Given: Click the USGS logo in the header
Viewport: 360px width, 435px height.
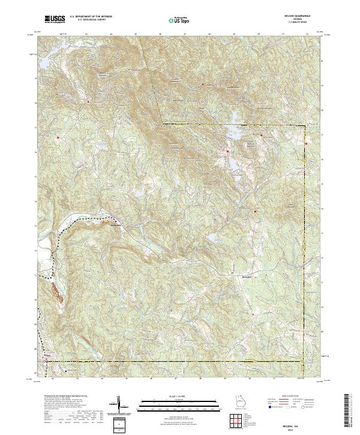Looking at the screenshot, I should pyautogui.click(x=55, y=19).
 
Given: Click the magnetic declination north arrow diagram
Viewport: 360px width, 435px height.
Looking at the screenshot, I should pyautogui.click(x=122, y=404).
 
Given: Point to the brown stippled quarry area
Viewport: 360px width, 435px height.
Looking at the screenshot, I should pyautogui.click(x=57, y=293).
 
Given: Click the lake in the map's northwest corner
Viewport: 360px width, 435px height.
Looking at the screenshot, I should pyautogui.click(x=44, y=61).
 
